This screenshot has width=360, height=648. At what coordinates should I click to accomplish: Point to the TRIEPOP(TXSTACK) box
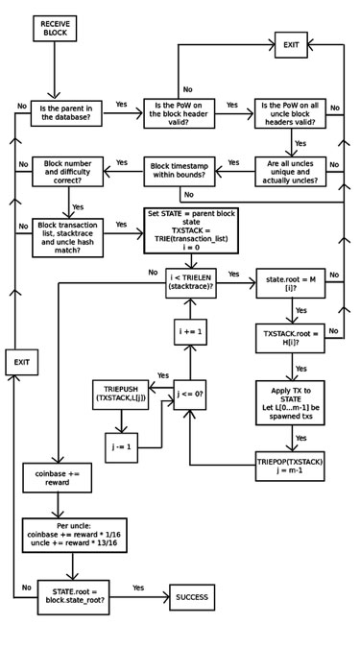pyautogui.click(x=292, y=465)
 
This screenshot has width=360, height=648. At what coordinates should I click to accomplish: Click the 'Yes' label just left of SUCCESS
pyautogui.click(x=138, y=587)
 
